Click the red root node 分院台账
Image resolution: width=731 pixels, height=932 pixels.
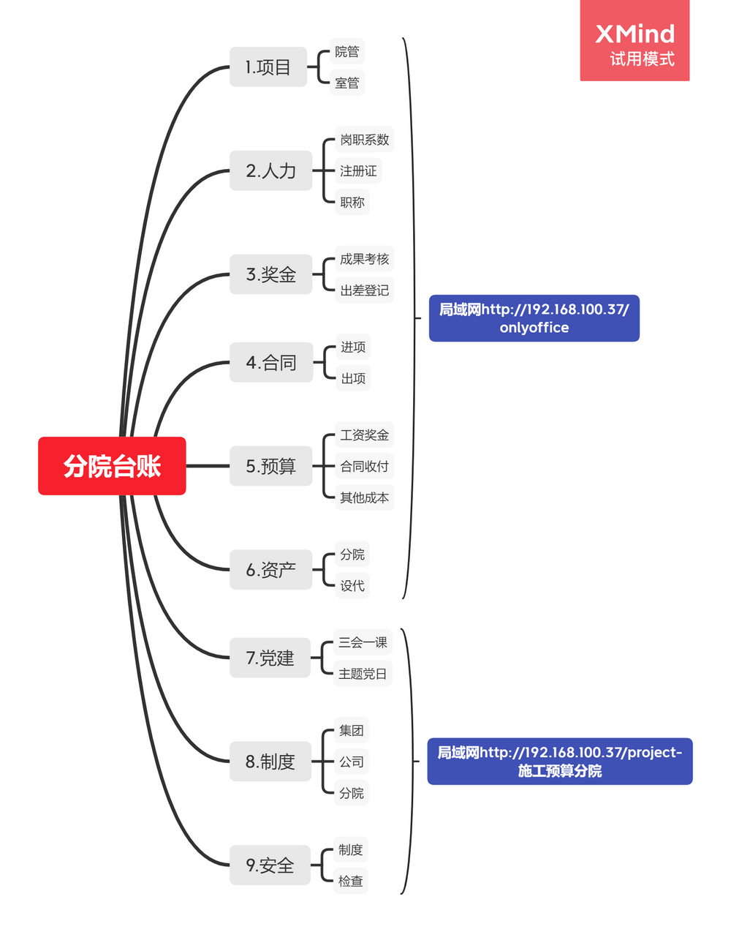pos(112,466)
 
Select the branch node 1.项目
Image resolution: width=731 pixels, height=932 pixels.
pos(268,67)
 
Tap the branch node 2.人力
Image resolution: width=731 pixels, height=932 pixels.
pos(271,171)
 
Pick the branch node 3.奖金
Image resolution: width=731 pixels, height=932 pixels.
pos(271,274)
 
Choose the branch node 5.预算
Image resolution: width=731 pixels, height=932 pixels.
pos(271,466)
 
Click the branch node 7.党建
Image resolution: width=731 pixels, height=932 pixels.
pos(270,658)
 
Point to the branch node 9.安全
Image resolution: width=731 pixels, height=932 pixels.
pos(270,865)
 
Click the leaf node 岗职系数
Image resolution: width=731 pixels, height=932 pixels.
pos(364,140)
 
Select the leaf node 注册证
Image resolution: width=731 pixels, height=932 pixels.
pos(358,171)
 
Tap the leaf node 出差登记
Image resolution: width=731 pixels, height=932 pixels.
pos(364,290)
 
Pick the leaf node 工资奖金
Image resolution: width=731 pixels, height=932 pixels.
pos(364,435)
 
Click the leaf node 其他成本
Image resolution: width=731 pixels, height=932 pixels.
pos(364,497)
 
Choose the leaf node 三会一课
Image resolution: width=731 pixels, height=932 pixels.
pos(363,642)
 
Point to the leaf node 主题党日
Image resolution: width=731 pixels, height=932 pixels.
pos(363,674)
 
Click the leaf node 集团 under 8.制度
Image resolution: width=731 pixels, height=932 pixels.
pos(351,730)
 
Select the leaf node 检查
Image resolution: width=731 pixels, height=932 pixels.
pos(350,881)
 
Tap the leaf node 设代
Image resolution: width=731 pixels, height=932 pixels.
pos(352,585)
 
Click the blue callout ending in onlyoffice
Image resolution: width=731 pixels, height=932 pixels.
pos(534,318)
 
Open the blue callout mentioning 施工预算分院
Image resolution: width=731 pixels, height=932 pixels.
pos(559,762)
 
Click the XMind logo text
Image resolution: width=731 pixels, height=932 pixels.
pos(635,34)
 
